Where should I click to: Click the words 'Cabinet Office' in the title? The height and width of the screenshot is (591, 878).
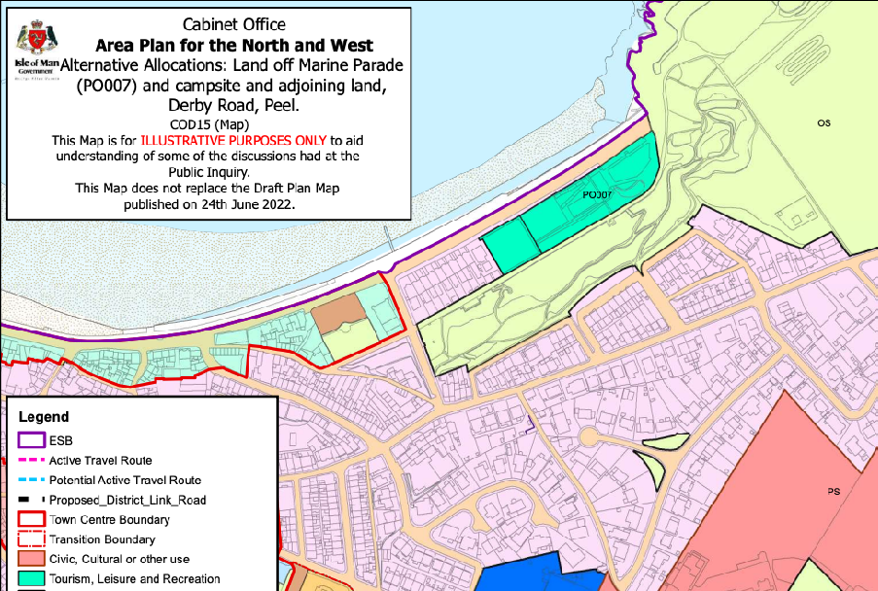[x=233, y=23]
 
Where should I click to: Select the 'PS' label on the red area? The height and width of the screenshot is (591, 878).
[x=833, y=491]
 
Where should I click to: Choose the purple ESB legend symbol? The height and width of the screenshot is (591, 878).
[x=31, y=440]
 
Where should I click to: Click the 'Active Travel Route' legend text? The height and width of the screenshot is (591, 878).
[x=100, y=461]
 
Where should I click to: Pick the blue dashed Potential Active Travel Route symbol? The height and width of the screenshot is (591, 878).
[x=31, y=480]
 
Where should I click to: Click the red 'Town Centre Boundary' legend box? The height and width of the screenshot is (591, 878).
[x=31, y=520]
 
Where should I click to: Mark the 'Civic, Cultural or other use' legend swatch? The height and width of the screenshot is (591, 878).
[x=31, y=560]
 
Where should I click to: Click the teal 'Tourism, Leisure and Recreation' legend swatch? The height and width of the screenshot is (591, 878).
[x=31, y=579]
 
